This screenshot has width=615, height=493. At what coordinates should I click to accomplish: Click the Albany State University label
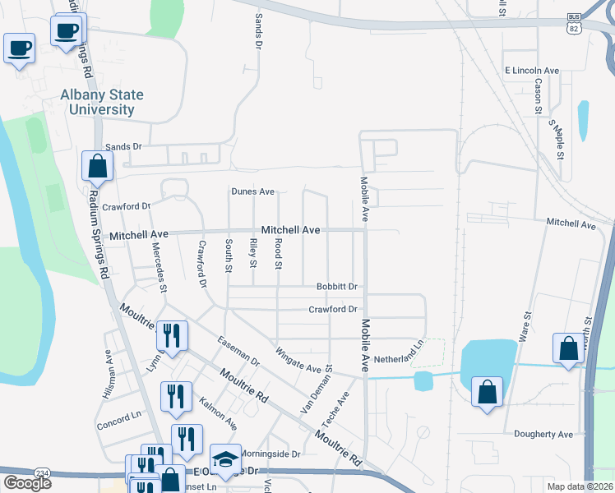tap(102, 102)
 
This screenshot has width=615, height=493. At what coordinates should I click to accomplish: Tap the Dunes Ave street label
tap(252, 191)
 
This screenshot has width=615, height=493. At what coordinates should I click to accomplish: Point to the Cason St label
tap(539, 95)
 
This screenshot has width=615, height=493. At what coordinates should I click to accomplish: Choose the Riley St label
tap(253, 253)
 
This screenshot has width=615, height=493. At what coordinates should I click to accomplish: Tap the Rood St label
tap(279, 254)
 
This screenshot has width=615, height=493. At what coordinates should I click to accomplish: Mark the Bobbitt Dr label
tap(338, 287)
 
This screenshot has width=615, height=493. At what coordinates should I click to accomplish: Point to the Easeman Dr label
tap(238, 351)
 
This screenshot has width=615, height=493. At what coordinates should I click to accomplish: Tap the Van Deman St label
tap(317, 389)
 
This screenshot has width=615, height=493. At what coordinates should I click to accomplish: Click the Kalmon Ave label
tap(219, 413)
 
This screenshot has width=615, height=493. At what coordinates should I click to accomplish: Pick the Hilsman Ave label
tap(108, 375)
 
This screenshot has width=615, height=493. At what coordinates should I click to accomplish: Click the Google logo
tap(27, 483)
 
